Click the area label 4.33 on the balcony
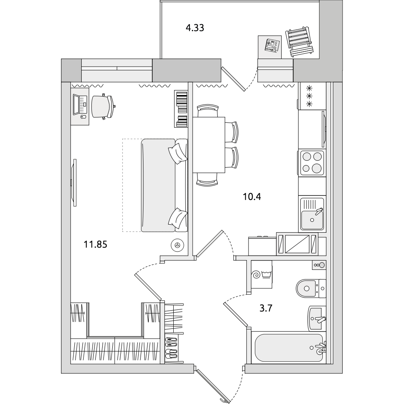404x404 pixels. pos(195,28)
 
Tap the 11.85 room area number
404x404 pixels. pos(95,244)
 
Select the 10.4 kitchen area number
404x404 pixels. pos(252,197)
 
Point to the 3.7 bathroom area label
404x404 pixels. pos(266,308)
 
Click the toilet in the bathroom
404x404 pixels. pos(311,288)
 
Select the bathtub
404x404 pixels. pos(288,347)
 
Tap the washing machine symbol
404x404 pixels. pos(261,274)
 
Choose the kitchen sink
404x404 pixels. pos(312,214)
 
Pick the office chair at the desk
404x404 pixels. pos(103,106)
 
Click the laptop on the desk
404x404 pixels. pos(80,105)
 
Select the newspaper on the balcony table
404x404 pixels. pos(273,46)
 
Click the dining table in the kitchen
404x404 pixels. pos(209,145)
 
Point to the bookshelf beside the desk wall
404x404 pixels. pos(181,109)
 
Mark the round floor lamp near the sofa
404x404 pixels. pos(177,245)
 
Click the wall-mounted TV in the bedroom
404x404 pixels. pos(74,183)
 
